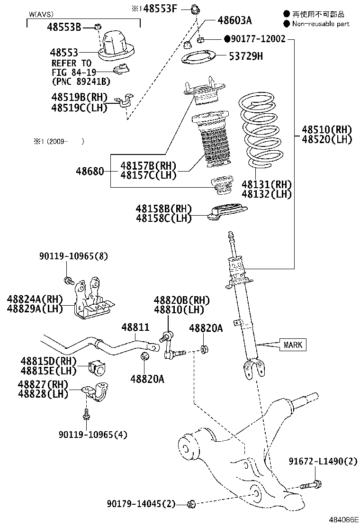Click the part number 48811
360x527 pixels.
[x=135, y=327]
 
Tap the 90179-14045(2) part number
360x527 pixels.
[x=141, y=503]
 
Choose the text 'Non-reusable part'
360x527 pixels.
[x=321, y=24]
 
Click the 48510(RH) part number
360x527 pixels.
[x=328, y=129]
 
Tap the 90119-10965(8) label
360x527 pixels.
[x=73, y=256]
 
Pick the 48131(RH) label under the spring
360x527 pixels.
[x=266, y=185]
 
